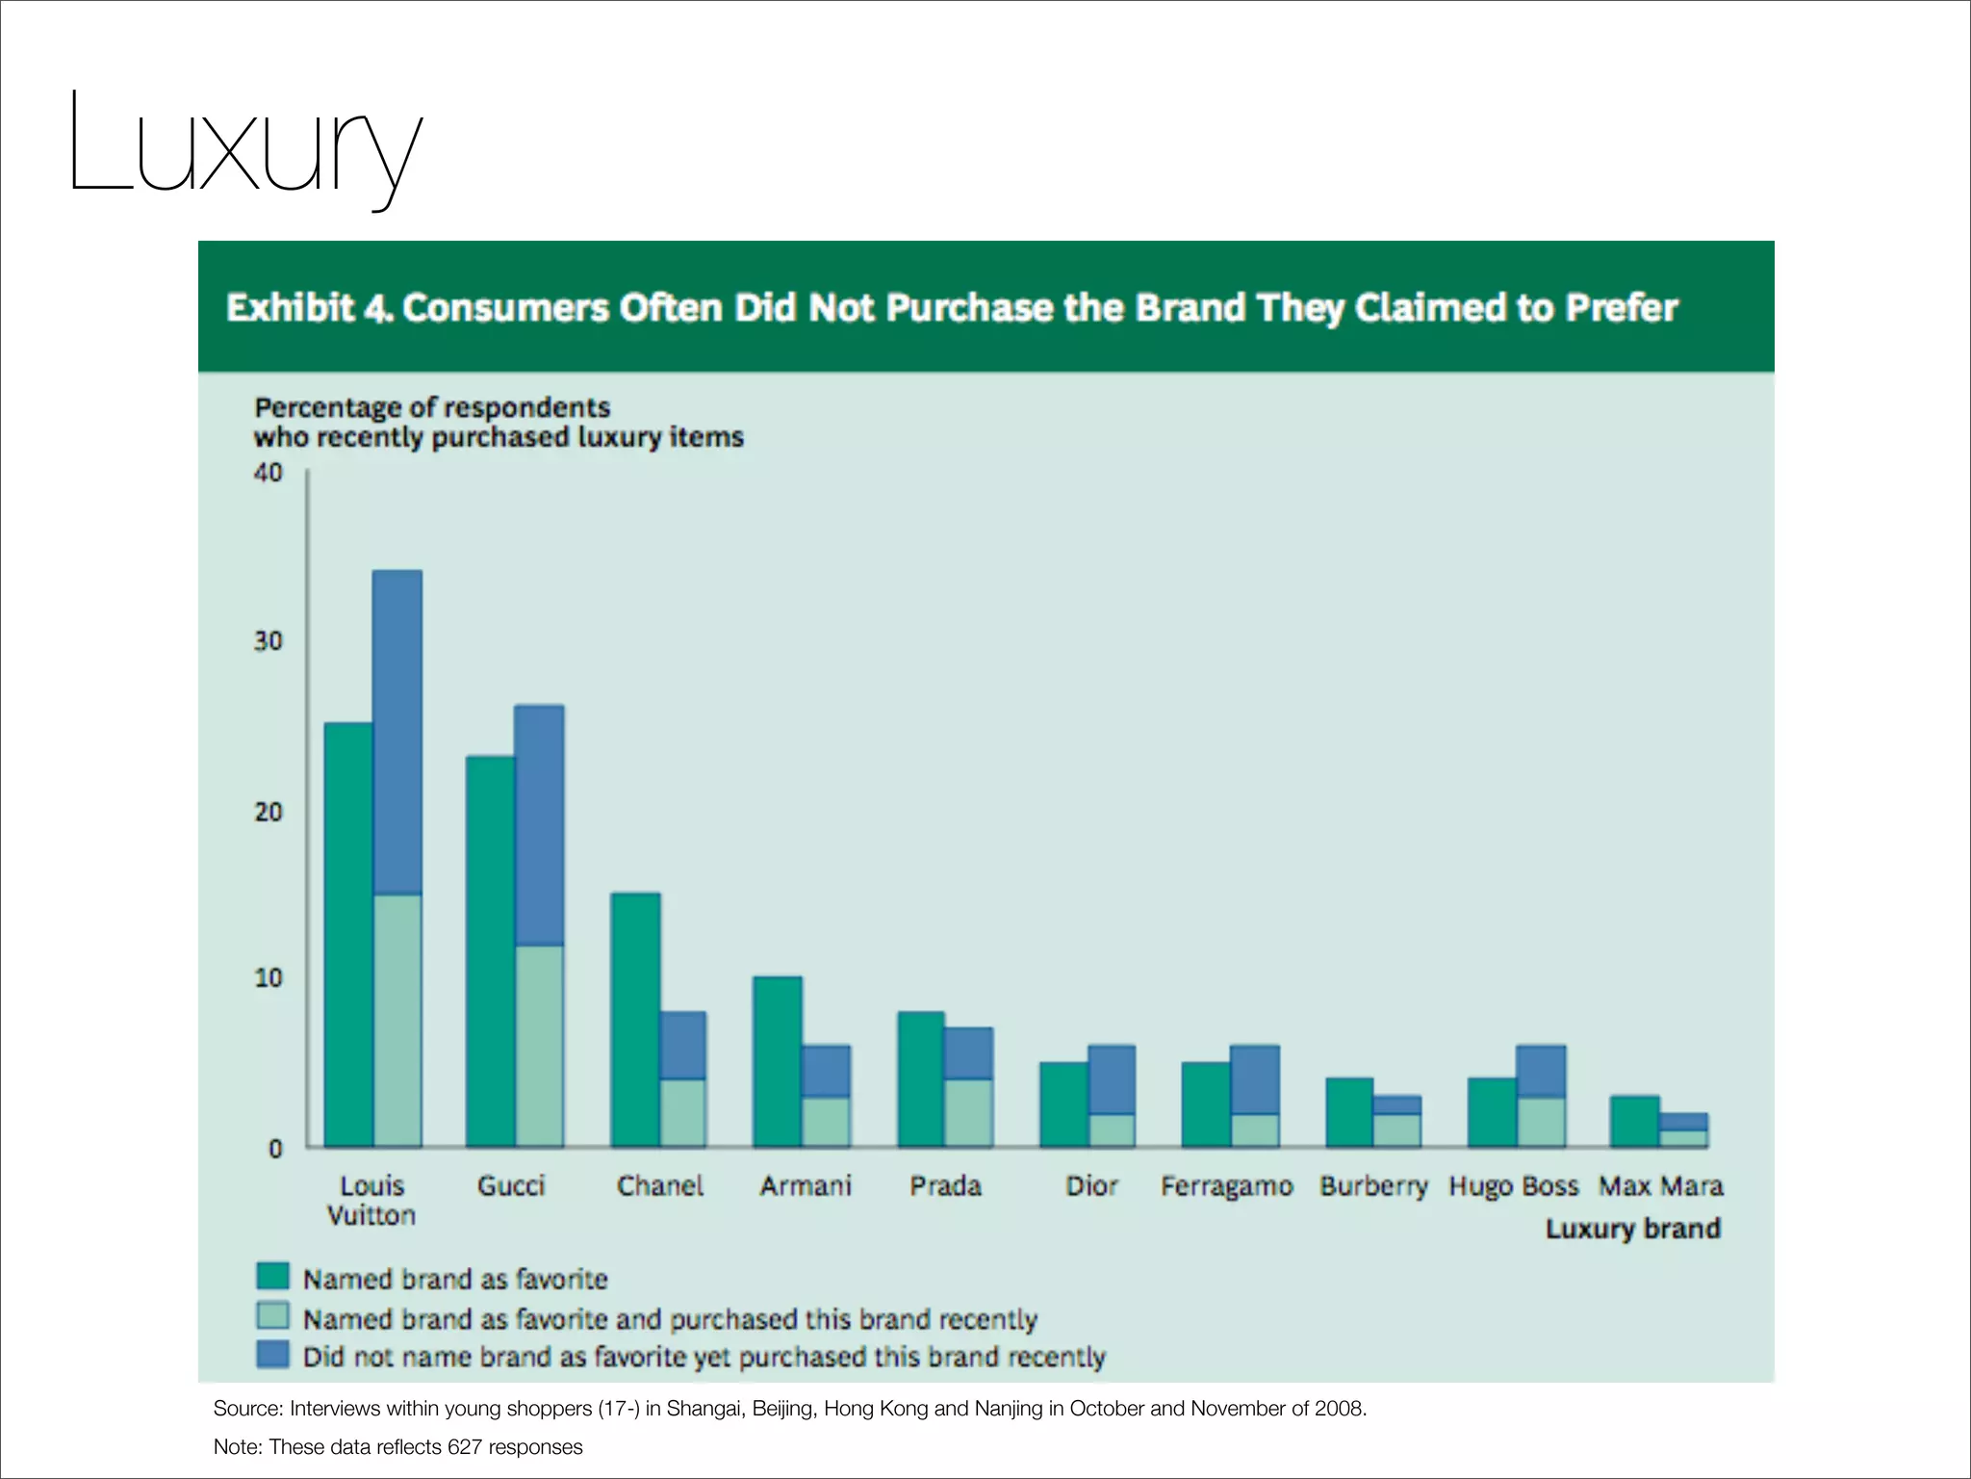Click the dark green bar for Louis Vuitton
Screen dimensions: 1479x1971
pos(348,934)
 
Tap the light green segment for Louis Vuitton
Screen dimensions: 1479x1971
pos(397,1021)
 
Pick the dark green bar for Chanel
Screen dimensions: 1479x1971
pos(635,1021)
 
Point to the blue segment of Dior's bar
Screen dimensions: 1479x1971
pos(1112,1079)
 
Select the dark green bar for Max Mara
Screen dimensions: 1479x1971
pos(1634,1122)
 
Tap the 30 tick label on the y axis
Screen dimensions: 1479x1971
pos(269,641)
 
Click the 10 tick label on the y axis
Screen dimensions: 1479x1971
pos(269,978)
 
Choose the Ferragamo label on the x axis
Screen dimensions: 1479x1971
pos(1226,1186)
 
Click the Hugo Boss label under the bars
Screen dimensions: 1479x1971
pos(1513,1186)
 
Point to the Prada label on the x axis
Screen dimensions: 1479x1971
pos(945,1186)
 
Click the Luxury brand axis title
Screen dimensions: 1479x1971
pos(1632,1229)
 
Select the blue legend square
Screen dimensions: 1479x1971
pos(273,1354)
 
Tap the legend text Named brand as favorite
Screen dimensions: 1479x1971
pos(455,1279)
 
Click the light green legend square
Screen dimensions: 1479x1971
pos(273,1315)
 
